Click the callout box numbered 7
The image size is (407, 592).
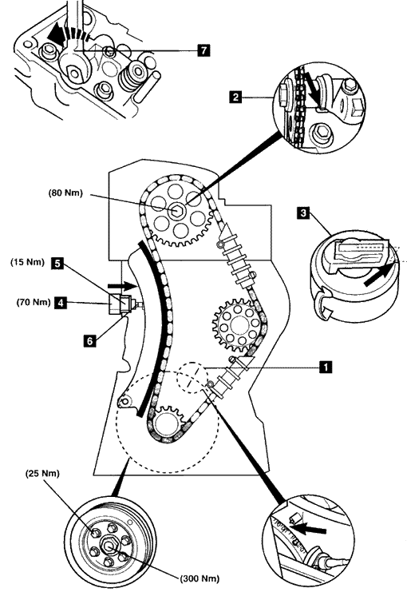click(x=203, y=50)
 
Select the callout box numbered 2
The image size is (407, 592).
click(x=235, y=97)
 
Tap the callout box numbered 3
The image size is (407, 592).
click(x=303, y=213)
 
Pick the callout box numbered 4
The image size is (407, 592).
click(x=61, y=303)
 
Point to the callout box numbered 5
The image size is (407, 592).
click(x=57, y=263)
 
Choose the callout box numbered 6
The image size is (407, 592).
click(x=89, y=341)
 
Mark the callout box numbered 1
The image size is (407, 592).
click(x=326, y=367)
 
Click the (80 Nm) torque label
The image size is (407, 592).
click(x=65, y=193)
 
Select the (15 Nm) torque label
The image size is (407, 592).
click(x=27, y=262)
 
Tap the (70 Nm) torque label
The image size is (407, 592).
click(x=34, y=302)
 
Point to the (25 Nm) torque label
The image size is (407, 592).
click(x=42, y=474)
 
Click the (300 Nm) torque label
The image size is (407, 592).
click(x=200, y=578)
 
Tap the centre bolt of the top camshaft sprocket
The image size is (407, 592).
click(x=176, y=211)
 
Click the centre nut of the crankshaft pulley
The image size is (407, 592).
click(x=109, y=546)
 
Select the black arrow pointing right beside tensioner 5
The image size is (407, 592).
click(x=121, y=286)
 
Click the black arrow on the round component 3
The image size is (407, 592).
click(x=376, y=273)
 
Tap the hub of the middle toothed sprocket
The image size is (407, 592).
click(x=239, y=324)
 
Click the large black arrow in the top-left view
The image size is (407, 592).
click(x=57, y=34)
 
